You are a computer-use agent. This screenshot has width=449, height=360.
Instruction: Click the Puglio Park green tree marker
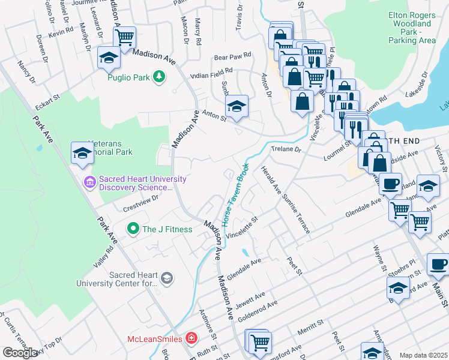click(158, 76)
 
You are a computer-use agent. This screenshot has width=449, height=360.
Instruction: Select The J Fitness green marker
click(133, 229)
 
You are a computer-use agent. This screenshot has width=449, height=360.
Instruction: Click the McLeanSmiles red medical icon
click(191, 339)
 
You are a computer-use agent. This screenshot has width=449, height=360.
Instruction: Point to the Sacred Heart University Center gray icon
click(167, 278)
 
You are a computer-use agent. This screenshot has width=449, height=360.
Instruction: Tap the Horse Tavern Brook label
click(235, 194)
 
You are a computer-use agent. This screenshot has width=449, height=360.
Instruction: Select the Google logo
click(20, 353)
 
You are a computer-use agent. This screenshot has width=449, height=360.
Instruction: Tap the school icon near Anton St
click(237, 106)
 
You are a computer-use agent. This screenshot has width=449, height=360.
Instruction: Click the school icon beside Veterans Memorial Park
click(82, 152)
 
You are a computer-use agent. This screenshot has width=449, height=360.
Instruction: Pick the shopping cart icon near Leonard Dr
click(124, 37)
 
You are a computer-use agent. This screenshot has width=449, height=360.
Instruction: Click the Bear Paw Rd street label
click(232, 59)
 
